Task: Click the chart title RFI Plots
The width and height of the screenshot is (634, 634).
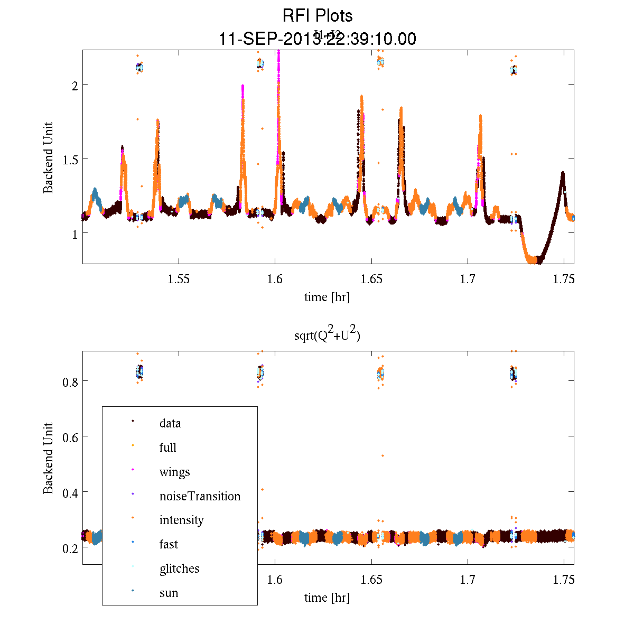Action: tap(317, 16)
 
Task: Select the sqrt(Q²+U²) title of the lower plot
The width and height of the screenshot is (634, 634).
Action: tap(327, 334)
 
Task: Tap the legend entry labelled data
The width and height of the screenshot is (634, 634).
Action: tap(170, 423)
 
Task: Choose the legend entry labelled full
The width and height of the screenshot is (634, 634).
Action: tap(167, 447)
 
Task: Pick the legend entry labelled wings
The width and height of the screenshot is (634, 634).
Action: tap(174, 472)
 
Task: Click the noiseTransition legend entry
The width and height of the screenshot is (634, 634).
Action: tap(200, 496)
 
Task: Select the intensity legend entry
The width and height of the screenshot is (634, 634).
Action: tap(181, 520)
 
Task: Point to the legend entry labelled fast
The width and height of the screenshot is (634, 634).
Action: tap(169, 544)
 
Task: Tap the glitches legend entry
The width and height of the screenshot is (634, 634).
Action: tap(179, 568)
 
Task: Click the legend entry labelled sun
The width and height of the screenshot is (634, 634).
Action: tap(169, 593)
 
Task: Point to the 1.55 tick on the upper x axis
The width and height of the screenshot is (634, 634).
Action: tap(179, 279)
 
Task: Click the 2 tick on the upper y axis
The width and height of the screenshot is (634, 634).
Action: tap(69, 85)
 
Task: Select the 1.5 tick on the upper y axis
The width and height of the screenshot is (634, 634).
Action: tap(65, 158)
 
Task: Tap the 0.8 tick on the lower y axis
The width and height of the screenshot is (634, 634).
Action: tap(65, 381)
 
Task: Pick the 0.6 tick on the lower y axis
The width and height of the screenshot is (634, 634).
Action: tap(65, 437)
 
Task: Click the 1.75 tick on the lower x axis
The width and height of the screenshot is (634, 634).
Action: tap(564, 580)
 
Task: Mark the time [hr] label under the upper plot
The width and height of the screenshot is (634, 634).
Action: tap(327, 297)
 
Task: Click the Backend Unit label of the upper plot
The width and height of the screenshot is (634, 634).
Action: tap(49, 157)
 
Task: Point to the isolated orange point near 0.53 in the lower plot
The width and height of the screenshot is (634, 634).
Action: tap(383, 455)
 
